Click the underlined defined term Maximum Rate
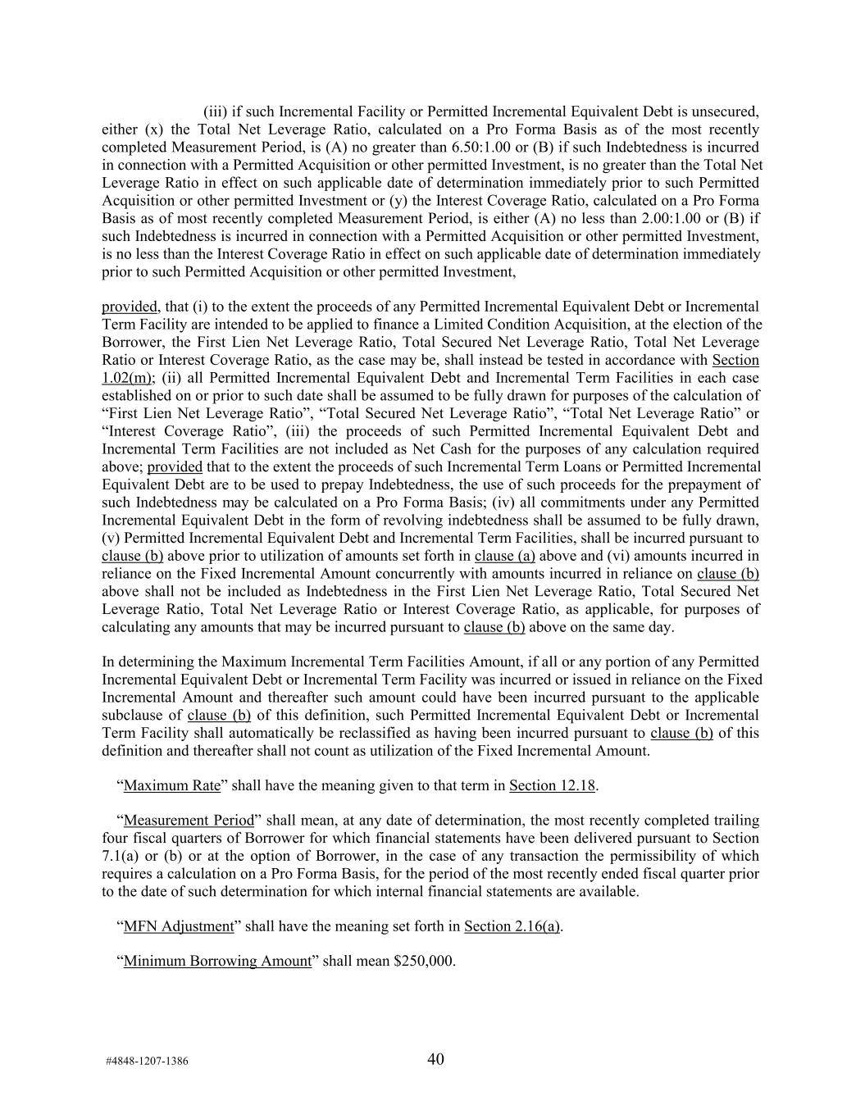(172, 785)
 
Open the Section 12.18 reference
(552, 785)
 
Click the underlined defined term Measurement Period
(189, 821)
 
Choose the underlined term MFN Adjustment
(179, 926)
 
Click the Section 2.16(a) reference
(512, 926)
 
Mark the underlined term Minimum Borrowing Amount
(217, 961)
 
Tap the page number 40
(435, 1059)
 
